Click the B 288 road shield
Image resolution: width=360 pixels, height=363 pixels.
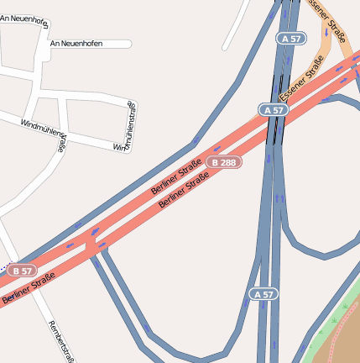[224, 161]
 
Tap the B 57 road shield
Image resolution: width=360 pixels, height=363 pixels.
[22, 271]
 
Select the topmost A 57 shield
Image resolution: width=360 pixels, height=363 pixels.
[290, 38]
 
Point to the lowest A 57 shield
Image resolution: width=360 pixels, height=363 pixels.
[263, 294]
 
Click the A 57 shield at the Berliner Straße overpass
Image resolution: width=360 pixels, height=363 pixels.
[272, 110]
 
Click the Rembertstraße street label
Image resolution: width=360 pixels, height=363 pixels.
[64, 341]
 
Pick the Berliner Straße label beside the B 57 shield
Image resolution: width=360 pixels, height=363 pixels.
[23, 290]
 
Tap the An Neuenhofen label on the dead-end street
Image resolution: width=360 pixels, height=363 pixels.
[76, 43]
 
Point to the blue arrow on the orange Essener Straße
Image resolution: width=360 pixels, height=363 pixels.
[325, 34]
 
